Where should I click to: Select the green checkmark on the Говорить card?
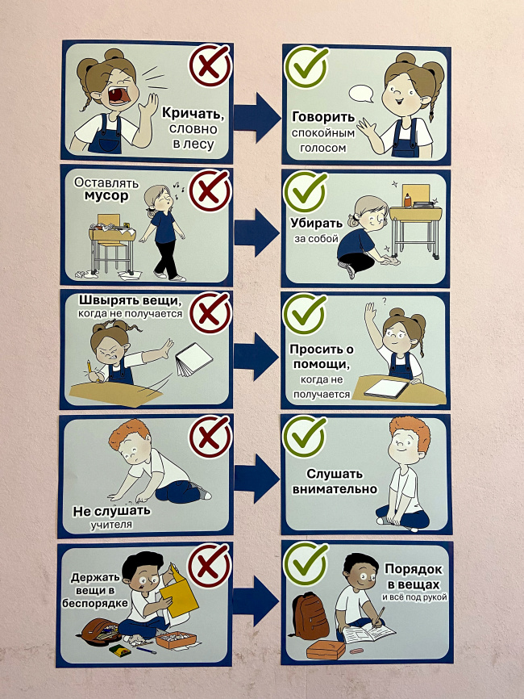point(306,65)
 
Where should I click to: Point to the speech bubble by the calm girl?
point(360,94)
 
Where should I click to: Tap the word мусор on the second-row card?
point(101,196)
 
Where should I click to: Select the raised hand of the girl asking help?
point(368,314)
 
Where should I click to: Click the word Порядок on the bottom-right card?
point(412,568)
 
